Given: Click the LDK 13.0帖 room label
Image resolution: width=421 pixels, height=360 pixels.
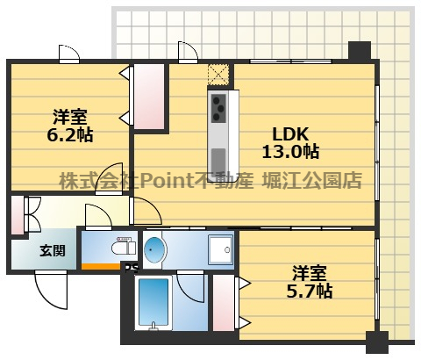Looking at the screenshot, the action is [x=290, y=143].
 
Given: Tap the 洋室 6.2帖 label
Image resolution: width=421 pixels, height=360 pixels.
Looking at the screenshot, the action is [x=70, y=126].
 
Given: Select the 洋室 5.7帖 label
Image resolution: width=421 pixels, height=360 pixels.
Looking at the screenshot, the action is [x=310, y=282].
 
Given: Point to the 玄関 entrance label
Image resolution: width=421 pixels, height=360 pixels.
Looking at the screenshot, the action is [x=53, y=251].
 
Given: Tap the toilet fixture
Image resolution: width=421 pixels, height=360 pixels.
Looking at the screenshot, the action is [x=124, y=248].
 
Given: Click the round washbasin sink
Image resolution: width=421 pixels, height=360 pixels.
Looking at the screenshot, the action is [x=154, y=250].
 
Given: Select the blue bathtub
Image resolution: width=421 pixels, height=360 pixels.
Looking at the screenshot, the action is [x=153, y=302].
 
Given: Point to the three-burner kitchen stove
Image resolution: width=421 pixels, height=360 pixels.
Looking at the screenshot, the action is [x=218, y=109].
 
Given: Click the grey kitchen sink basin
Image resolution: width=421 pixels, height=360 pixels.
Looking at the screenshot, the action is [x=218, y=161].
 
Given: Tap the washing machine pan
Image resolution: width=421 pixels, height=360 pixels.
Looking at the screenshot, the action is [x=220, y=249].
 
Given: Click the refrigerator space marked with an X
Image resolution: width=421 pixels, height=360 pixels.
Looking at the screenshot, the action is [x=218, y=75].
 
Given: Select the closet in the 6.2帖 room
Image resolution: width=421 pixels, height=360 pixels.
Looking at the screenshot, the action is [x=149, y=97].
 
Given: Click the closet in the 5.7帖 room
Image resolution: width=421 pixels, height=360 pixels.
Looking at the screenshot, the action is [x=224, y=303].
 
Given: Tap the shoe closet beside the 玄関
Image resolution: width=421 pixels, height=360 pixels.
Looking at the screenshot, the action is [x=18, y=215].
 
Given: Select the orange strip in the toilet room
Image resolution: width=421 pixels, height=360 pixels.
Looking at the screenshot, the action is [x=101, y=266].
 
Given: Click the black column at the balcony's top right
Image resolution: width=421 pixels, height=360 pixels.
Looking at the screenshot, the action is [x=360, y=50].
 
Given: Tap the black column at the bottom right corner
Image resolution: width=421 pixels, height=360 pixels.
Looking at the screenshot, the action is [x=377, y=342].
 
